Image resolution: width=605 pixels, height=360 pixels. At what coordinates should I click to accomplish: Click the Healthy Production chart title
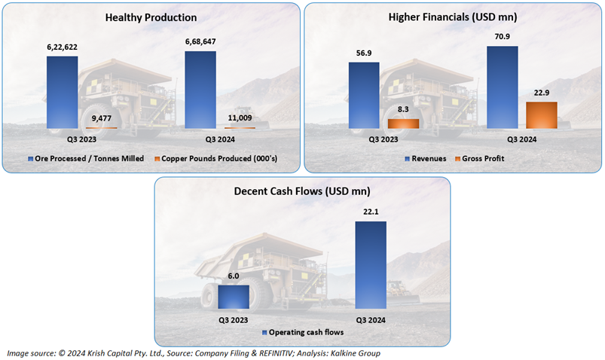pyautogui.click(x=151, y=18)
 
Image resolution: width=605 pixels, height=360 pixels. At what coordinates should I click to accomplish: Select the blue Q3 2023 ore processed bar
pyautogui.click(x=62, y=92)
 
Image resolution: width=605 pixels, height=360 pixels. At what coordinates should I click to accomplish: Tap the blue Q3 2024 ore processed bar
pyautogui.click(x=200, y=90)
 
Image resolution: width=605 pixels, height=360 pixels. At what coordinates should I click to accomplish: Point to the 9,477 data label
pyautogui.click(x=102, y=118)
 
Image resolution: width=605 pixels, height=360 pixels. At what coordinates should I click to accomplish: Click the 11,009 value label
pyautogui.click(x=240, y=118)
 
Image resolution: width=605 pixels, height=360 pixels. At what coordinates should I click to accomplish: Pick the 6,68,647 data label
pyautogui.click(x=200, y=41)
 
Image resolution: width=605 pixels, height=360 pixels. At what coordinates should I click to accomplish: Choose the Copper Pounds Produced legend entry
pyautogui.click(x=215, y=159)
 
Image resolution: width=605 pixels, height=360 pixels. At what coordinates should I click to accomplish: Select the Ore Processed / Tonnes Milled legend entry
pyautogui.click(x=86, y=159)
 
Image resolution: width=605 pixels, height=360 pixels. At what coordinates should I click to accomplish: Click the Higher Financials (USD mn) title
pyautogui.click(x=453, y=17)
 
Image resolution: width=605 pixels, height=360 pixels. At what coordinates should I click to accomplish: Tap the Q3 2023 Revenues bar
pyautogui.click(x=364, y=96)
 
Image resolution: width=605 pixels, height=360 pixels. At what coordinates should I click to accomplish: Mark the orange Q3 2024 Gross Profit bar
pyautogui.click(x=542, y=115)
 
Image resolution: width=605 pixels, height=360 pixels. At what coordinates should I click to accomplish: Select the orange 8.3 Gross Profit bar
pyautogui.click(x=403, y=124)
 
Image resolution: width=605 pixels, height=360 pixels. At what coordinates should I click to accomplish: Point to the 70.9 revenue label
pyautogui.click(x=503, y=37)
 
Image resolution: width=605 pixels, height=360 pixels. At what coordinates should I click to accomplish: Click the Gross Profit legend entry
pyautogui.click(x=480, y=159)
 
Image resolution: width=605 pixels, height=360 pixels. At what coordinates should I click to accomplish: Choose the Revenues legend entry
pyautogui.click(x=425, y=159)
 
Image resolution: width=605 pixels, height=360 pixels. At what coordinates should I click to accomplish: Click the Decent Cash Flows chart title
pyautogui.click(x=302, y=191)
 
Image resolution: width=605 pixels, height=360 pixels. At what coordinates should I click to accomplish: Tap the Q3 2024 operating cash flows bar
pyautogui.click(x=371, y=265)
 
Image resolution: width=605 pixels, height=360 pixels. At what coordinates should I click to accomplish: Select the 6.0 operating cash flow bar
pyautogui.click(x=234, y=297)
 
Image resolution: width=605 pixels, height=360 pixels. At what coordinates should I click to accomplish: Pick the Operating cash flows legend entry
pyautogui.click(x=303, y=332)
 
